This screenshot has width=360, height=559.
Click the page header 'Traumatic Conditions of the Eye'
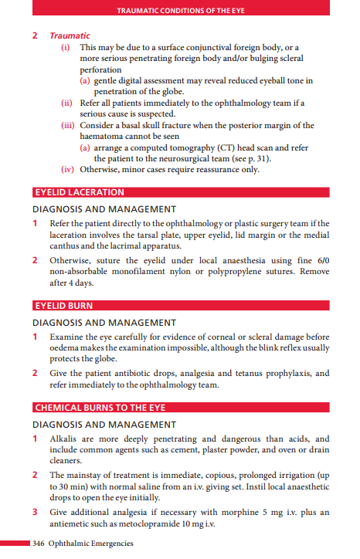point(179,11)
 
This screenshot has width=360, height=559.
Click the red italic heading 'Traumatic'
point(70,36)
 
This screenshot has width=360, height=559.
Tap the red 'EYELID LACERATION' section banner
point(79,192)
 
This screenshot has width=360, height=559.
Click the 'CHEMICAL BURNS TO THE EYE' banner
point(99,407)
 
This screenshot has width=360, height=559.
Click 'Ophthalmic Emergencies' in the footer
point(90,544)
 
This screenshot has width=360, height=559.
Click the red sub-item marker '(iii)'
point(69,125)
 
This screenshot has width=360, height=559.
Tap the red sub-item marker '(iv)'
point(69,170)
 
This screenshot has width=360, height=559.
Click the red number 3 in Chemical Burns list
point(36,512)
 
